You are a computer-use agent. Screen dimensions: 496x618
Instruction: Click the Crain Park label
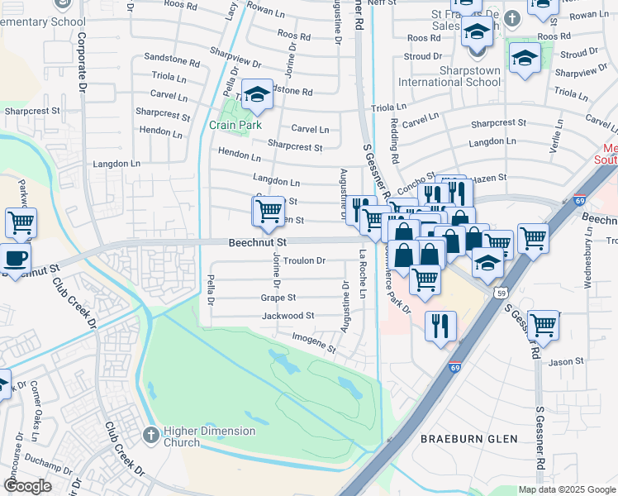[235, 125]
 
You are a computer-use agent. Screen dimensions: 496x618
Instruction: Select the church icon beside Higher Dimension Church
[150, 433]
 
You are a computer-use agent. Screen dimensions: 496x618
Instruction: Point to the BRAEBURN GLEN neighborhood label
[468, 439]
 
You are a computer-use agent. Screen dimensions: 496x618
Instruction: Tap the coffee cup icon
[16, 257]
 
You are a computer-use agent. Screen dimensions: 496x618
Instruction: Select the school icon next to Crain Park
[258, 98]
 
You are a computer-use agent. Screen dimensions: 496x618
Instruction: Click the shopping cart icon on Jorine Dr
[269, 212]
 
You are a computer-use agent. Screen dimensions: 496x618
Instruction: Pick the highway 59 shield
[501, 293]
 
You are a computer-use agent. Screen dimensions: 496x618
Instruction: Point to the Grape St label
[278, 297]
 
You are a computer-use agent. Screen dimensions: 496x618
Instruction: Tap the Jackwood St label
[288, 316]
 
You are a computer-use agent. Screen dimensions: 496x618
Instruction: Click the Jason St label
[567, 361]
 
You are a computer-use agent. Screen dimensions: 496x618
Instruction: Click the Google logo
[27, 486]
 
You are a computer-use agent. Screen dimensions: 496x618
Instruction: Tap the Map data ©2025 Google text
[566, 489]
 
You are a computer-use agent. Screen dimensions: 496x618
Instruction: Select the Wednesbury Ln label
[588, 257]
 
